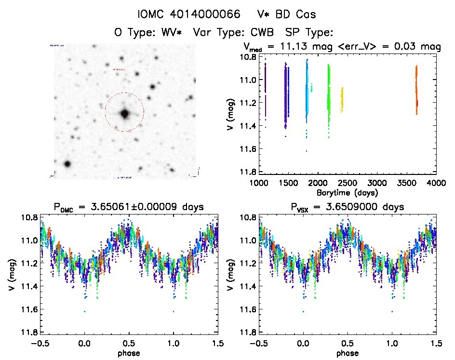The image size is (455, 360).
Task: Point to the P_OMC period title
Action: [129, 207]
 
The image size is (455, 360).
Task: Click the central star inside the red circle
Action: [124, 114]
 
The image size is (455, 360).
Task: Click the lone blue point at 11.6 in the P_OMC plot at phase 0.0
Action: [85, 311]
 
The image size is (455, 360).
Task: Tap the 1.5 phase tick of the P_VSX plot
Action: [436, 343]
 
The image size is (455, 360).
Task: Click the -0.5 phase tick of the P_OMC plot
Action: [40, 343]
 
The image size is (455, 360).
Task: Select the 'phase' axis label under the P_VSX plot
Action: [348, 352]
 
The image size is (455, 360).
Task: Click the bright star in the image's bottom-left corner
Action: [67, 164]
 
